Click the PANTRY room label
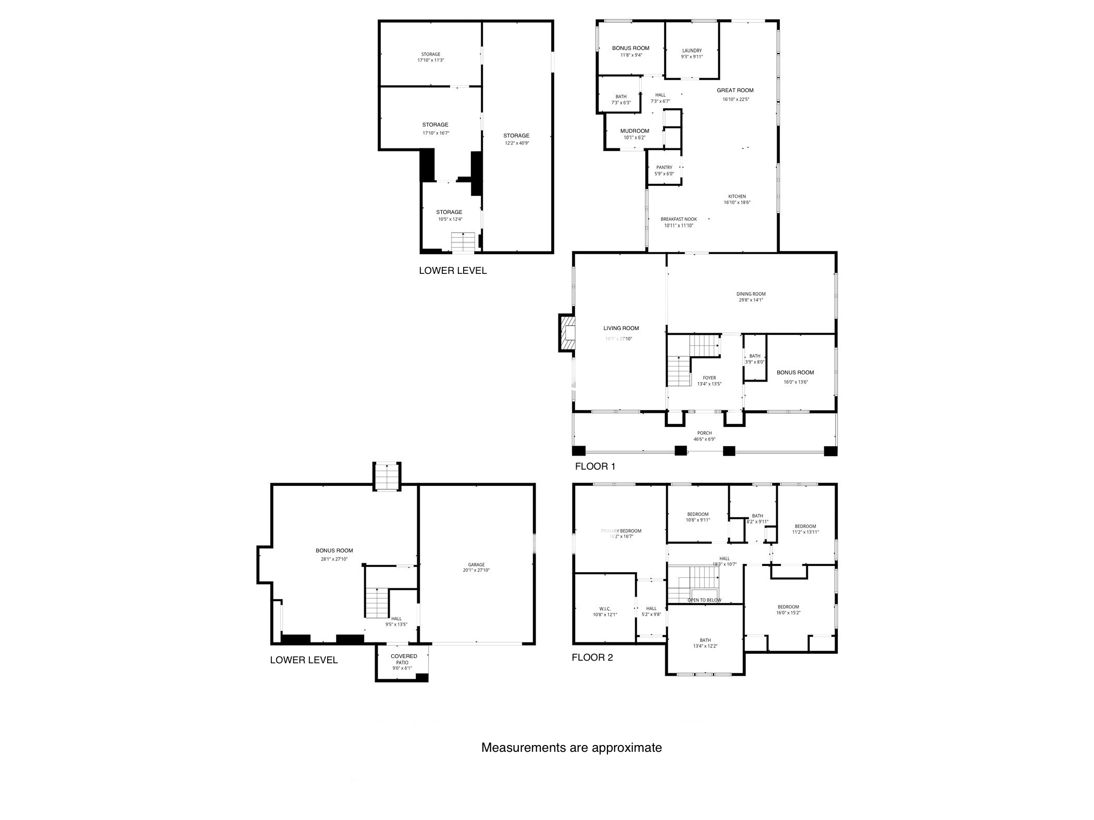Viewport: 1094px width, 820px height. point(664,168)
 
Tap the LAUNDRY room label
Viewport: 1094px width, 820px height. point(692,51)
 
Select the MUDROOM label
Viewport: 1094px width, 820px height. point(635,131)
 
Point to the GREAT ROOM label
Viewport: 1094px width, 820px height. point(735,91)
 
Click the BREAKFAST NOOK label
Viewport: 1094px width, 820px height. point(679,219)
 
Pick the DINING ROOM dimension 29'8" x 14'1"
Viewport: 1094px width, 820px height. point(751,300)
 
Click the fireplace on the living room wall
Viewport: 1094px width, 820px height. point(568,332)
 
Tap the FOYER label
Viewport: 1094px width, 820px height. point(709,378)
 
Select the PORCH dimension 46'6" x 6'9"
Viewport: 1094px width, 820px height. point(704,439)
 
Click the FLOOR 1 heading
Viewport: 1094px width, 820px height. point(595,466)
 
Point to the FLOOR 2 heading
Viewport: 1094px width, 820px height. point(592,658)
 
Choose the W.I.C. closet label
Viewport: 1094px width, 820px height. point(604,609)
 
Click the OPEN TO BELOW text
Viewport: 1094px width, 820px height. point(704,600)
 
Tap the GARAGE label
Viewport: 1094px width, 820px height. point(476,564)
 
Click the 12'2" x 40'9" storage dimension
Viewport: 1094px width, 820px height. point(516,143)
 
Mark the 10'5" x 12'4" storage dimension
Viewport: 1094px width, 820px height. point(450,219)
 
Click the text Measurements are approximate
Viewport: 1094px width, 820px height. point(571,748)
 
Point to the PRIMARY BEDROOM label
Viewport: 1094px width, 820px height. point(621,531)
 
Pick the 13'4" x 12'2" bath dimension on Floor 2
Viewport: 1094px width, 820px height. point(705,646)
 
